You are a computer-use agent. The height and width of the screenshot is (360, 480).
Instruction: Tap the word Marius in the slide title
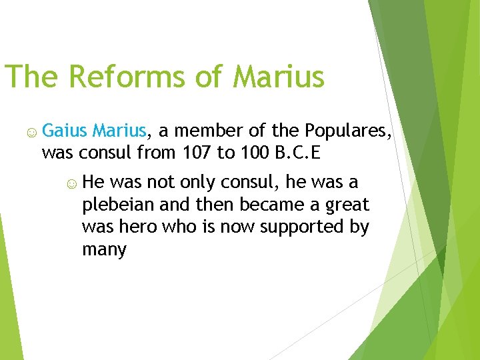(278, 77)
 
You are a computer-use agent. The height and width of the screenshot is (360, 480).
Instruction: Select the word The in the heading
(31, 77)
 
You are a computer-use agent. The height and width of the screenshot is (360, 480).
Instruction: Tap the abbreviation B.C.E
(297, 153)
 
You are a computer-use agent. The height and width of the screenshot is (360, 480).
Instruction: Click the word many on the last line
(104, 250)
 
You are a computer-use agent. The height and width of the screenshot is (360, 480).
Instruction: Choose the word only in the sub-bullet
(194, 182)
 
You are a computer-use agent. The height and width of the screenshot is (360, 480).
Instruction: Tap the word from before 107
(158, 153)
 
